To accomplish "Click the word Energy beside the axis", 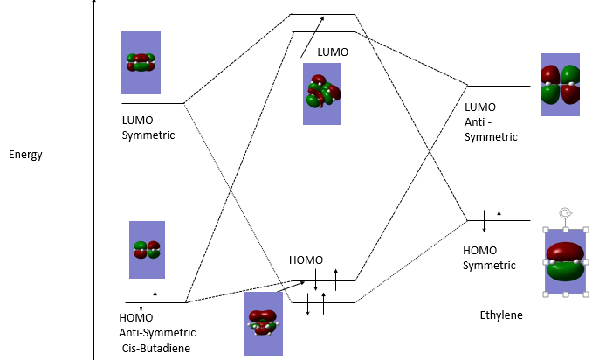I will tap(25, 155).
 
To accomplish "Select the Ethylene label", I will tap(501, 315).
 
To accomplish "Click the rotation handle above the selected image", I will tap(565, 212).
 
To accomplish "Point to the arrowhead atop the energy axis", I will tap(93, 4).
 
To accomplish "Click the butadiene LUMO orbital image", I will tap(141, 62).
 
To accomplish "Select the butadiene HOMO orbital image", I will tap(147, 250).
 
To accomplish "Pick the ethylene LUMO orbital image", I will tap(560, 89).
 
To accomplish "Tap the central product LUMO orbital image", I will tap(321, 93).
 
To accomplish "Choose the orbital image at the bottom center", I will tap(263, 323).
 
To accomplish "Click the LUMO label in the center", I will tap(333, 52).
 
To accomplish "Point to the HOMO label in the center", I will tap(306, 260).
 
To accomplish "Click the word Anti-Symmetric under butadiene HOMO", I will tap(157, 333).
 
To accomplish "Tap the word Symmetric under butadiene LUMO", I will tap(148, 135).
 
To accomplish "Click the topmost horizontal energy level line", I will tap(323, 15).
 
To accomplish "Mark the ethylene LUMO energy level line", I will tap(499, 87).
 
